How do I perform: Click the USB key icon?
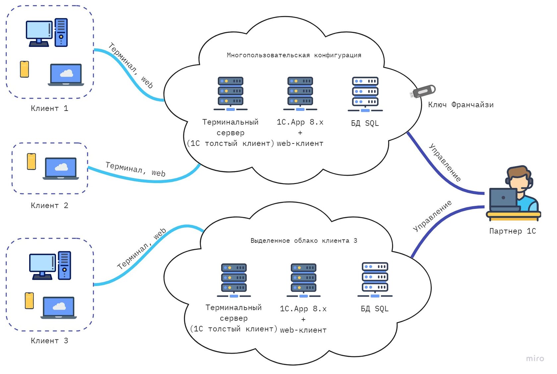click(x=423, y=91)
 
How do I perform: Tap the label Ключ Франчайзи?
click(x=461, y=105)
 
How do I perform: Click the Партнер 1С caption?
click(x=512, y=231)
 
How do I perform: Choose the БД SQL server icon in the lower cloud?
click(x=375, y=280)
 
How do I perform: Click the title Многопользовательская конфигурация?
click(x=294, y=55)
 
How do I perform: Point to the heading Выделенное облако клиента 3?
click(x=304, y=240)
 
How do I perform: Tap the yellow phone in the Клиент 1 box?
click(x=25, y=69)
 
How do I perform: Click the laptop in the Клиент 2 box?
click(x=61, y=169)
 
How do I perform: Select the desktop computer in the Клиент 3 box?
click(x=50, y=266)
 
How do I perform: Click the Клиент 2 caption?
click(x=49, y=206)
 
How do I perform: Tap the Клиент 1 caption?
click(x=49, y=108)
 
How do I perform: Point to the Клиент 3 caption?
click(x=49, y=341)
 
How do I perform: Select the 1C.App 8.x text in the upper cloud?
click(x=300, y=122)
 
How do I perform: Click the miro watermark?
click(x=535, y=358)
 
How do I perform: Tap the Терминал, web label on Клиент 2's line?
click(x=135, y=169)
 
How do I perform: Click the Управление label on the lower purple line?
click(x=432, y=216)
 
